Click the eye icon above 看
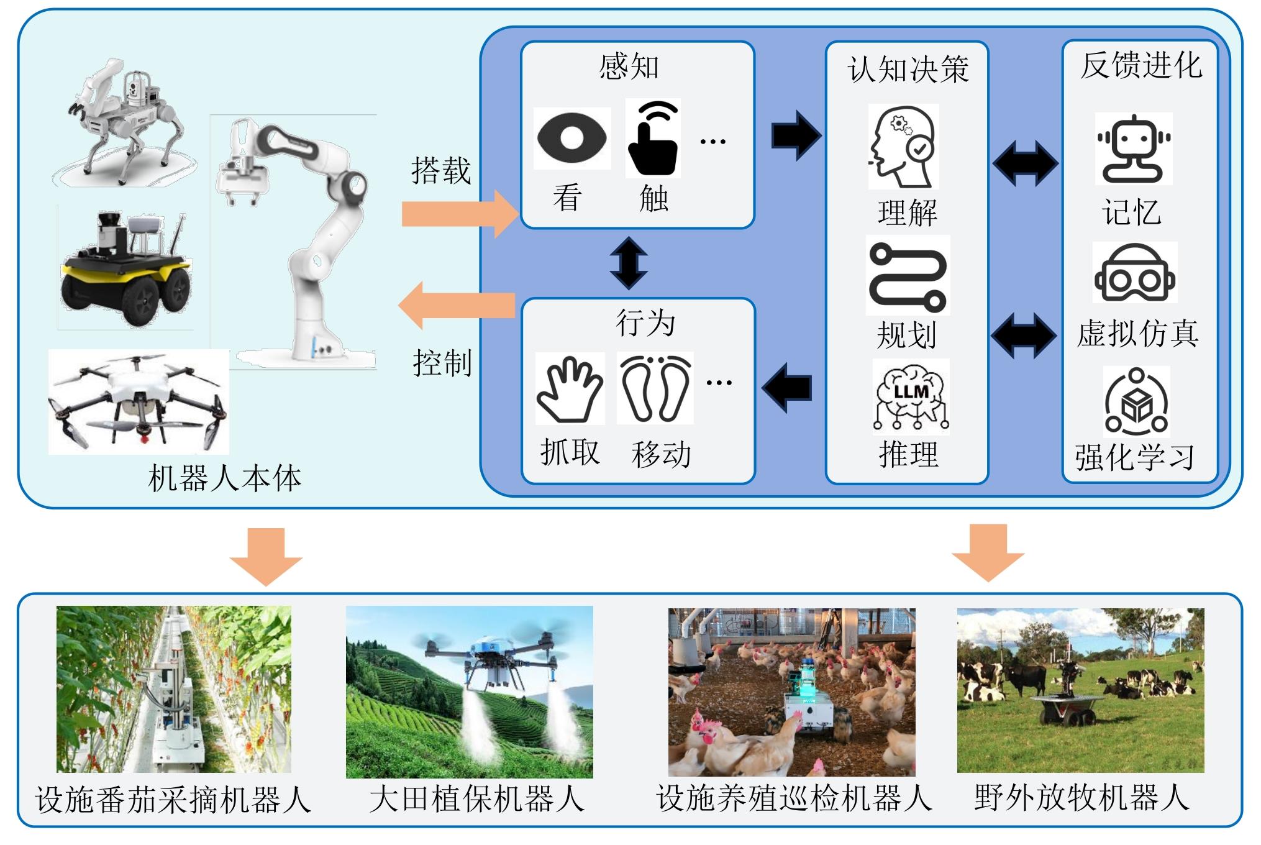point(572,137)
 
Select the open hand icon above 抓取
point(570,388)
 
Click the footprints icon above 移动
point(656,388)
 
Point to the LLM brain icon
point(911,397)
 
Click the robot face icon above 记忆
point(1134,149)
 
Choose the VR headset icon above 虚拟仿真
point(1135,273)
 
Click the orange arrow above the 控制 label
point(457,305)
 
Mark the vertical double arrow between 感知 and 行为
point(629,263)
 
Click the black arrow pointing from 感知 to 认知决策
point(796,135)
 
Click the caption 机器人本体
point(224,478)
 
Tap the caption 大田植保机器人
point(476,799)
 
